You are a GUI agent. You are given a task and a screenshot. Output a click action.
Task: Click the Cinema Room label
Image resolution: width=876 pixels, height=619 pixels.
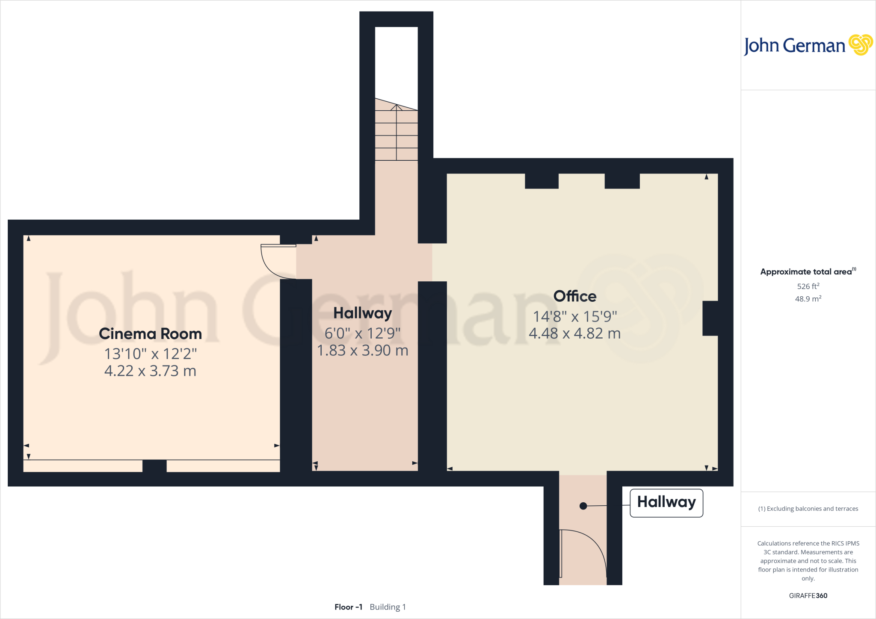coord(150,334)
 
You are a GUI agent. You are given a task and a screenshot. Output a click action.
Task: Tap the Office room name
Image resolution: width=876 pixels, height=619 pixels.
coord(574,296)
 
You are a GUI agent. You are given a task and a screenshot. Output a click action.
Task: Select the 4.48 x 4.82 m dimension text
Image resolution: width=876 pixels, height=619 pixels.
coord(574,333)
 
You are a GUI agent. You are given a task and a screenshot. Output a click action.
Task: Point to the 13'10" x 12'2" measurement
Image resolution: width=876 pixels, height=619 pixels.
coord(150,354)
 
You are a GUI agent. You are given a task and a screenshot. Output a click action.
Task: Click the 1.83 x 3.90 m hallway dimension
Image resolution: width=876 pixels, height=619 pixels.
coord(362,351)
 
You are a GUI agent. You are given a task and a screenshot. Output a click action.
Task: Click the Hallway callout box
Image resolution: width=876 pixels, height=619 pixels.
coord(666,502)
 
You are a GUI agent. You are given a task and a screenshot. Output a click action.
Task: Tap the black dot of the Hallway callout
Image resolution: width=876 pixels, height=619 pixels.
coord(583,506)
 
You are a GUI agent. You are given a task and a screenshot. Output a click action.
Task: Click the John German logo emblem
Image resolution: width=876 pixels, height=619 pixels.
coord(860,45)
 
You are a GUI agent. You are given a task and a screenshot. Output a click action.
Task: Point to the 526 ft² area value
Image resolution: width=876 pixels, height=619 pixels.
coord(808,286)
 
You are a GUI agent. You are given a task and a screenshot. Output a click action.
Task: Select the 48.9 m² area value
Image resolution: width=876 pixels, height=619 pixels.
coord(808,299)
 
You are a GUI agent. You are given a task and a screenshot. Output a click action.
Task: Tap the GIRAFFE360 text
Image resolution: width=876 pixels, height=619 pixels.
coord(808,595)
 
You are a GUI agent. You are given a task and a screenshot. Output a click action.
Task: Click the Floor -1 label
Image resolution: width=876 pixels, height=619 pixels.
coord(348,607)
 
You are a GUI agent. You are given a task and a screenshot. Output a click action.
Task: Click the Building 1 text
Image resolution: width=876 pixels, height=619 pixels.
coord(388,607)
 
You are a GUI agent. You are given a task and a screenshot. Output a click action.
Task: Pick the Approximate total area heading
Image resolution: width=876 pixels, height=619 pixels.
coord(806,272)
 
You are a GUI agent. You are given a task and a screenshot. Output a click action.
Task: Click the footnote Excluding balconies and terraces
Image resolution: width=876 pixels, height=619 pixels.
coord(808,509)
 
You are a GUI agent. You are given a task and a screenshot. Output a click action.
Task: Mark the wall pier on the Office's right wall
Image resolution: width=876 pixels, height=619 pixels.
coord(710,318)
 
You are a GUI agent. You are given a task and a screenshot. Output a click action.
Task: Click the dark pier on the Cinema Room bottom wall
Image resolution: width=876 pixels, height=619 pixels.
coord(154,466)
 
